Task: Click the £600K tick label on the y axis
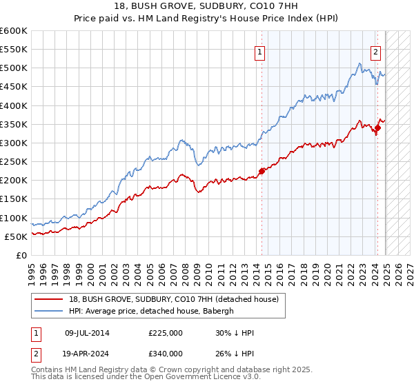pyautogui.click(x=14, y=31)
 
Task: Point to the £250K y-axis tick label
pyautogui.click(x=14, y=161)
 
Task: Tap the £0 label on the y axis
pyautogui.click(x=21, y=255)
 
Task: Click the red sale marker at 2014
pyautogui.click(x=262, y=171)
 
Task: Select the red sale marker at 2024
pyautogui.click(x=378, y=128)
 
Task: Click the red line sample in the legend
pyautogui.click(x=50, y=299)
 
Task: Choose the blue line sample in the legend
pyautogui.click(x=50, y=311)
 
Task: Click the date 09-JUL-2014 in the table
pyautogui.click(x=86, y=333)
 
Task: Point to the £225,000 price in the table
pyautogui.click(x=166, y=333)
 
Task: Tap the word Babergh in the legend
pyautogui.click(x=219, y=311)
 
